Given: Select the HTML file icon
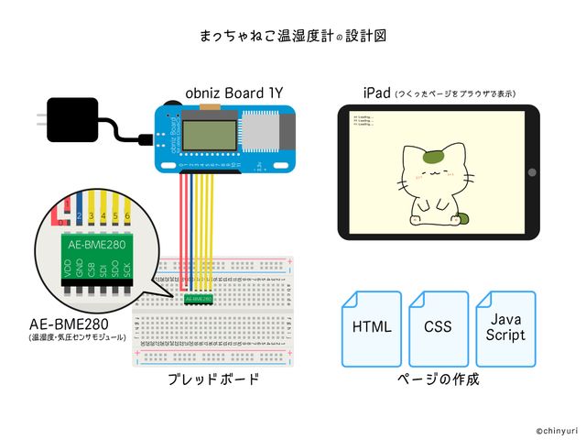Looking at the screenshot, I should click(371, 328).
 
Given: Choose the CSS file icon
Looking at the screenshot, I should click(438, 328).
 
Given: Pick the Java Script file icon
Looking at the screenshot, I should click(506, 328).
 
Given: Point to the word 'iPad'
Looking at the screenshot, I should click(376, 92).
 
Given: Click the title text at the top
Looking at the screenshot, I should click(293, 37).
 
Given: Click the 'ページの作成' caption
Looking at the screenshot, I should click(439, 379).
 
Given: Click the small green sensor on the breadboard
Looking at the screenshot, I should click(199, 299).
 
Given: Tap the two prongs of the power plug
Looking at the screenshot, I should click(40, 118).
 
